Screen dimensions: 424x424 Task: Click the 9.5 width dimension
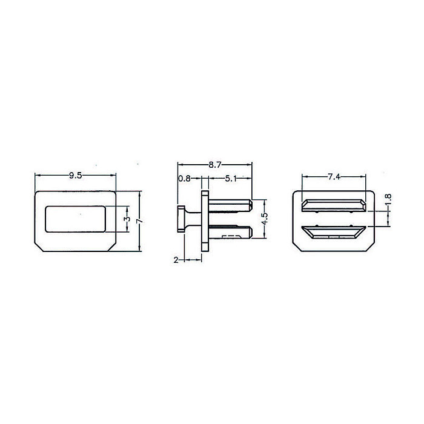coord(75,176)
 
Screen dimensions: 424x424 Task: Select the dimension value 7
coord(140,221)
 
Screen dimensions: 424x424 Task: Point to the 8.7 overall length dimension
coord(215,165)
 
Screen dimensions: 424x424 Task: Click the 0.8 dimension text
coord(184,179)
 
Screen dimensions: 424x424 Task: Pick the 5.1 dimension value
coord(231,179)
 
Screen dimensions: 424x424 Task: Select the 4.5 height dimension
coord(265,219)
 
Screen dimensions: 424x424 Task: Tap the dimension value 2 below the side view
coord(176,260)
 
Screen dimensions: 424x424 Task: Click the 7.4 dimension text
coord(334,177)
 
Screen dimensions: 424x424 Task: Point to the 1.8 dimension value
coord(389,200)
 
